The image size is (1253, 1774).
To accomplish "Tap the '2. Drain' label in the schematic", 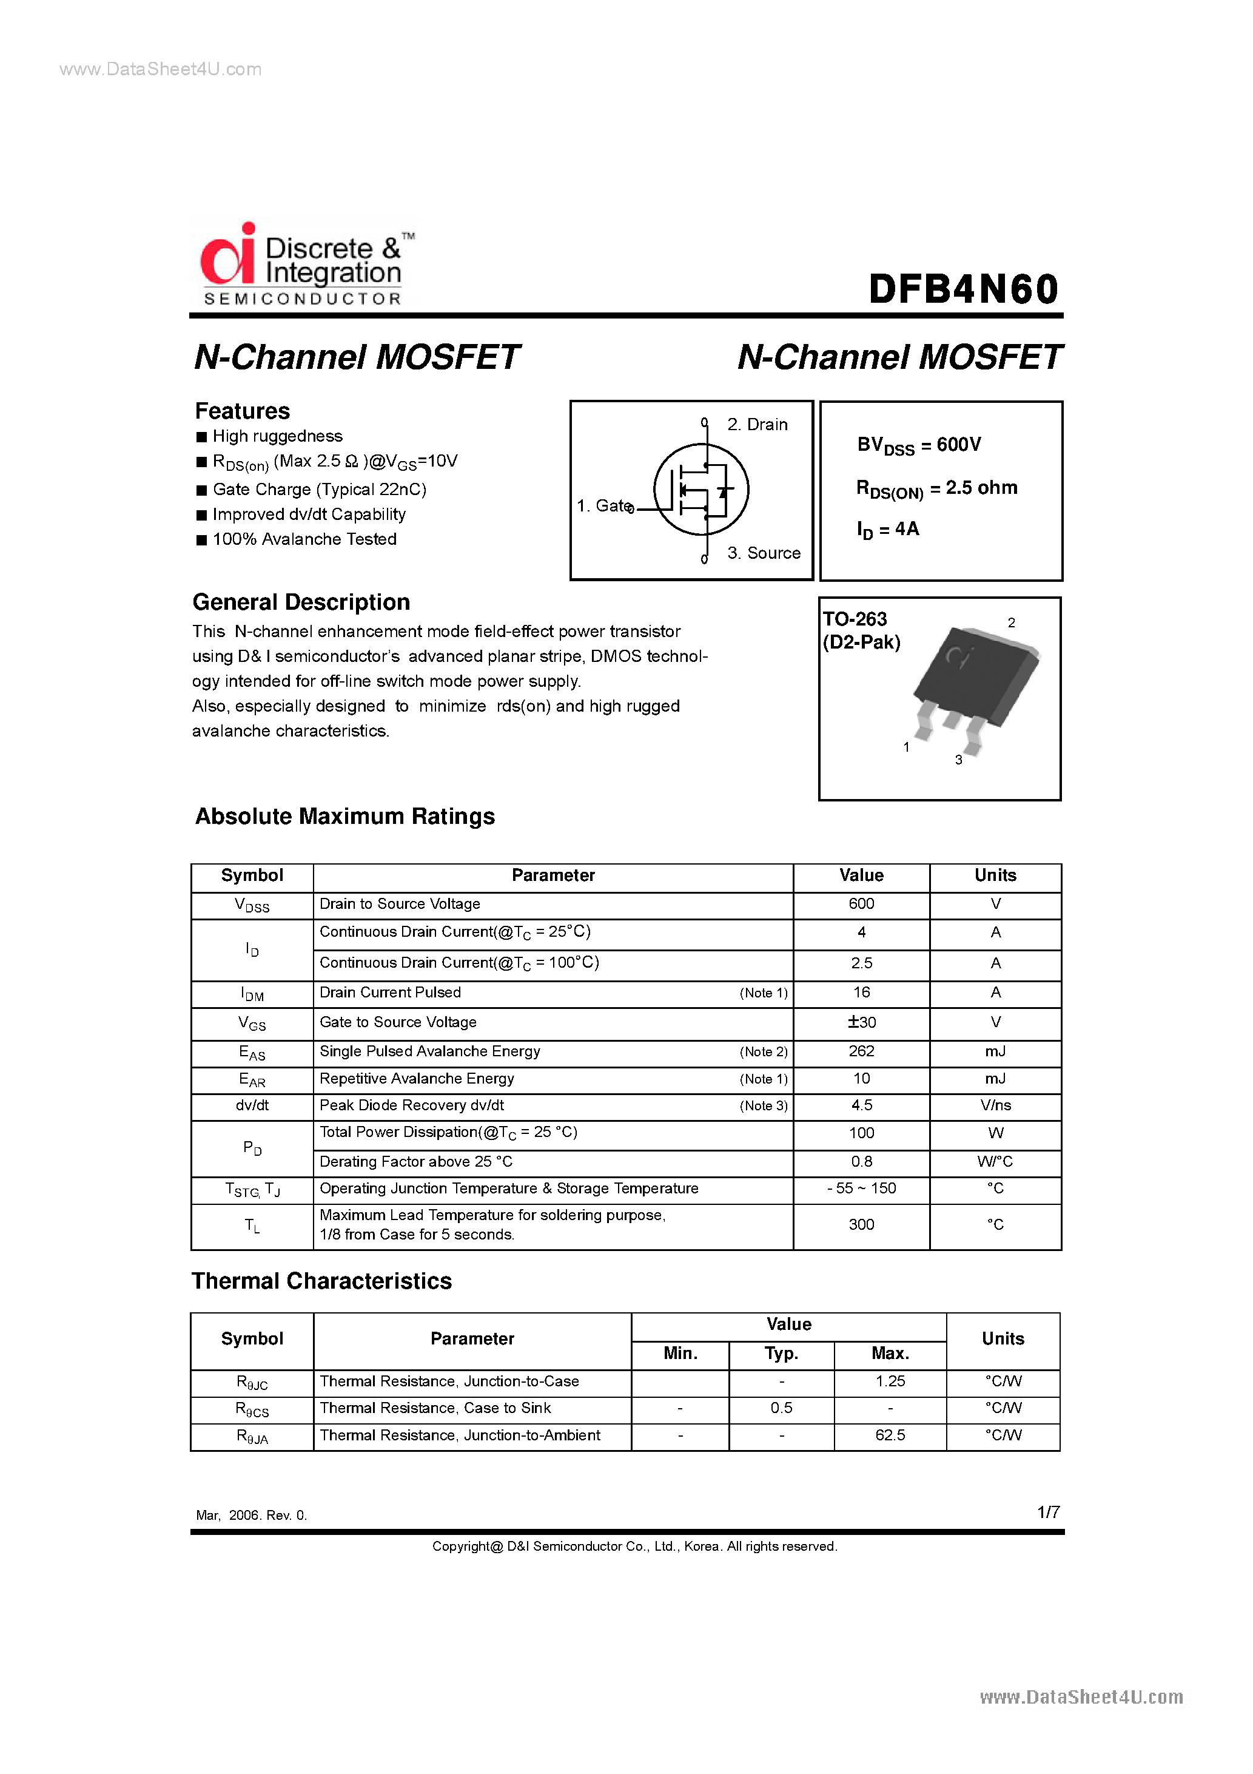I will point(757,424).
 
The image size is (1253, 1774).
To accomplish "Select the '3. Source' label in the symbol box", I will point(763,553).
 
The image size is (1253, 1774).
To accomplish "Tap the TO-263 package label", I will point(855,619).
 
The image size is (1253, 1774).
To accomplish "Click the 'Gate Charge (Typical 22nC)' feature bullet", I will point(319,489).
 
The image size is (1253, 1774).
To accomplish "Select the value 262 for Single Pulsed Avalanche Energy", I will point(861,1051).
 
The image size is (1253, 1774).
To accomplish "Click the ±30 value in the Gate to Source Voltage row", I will point(861,1022).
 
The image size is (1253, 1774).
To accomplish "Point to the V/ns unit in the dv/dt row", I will point(995,1105).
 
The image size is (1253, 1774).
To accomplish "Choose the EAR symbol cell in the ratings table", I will point(252,1079).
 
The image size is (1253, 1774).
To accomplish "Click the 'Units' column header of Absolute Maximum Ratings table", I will point(995,875).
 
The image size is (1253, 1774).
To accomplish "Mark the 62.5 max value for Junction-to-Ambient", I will point(890,1435).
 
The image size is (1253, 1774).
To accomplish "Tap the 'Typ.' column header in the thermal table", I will point(781,1353).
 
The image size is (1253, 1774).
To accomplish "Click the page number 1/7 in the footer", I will point(1047,1512).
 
